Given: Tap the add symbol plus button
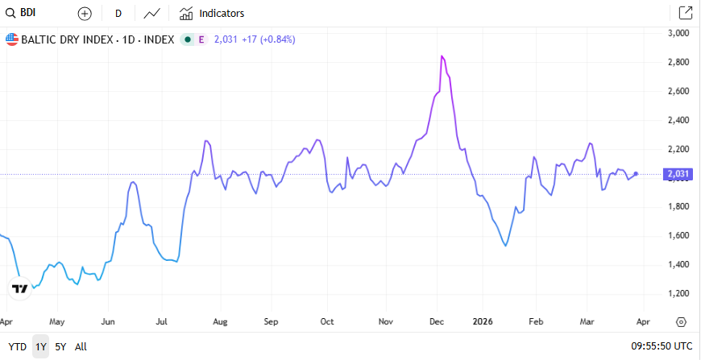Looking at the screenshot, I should [85, 14].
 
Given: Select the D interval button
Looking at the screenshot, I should [118, 14].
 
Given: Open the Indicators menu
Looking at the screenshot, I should [212, 14].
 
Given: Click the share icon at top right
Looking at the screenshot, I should [685, 13].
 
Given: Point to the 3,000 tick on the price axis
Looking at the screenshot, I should [681, 33].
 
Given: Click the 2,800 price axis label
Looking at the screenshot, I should [681, 62].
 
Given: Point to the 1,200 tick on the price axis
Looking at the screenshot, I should [681, 293].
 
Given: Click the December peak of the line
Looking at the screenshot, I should [442, 56].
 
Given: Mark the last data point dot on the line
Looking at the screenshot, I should [637, 174].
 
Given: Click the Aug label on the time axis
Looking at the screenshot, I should [220, 321].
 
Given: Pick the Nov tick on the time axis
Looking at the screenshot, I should [385, 321].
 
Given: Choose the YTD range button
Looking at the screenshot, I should [17, 347].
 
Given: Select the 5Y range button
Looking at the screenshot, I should [60, 347].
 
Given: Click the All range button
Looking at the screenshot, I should [81, 347].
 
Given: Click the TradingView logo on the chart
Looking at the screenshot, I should [20, 288].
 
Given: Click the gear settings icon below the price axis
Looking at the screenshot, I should [681, 321].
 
